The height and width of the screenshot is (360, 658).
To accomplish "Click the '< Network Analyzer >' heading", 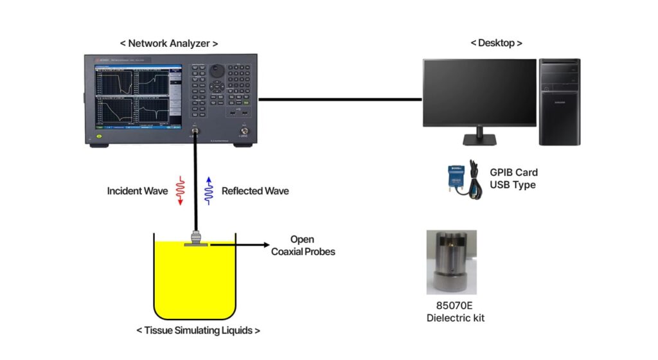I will pos(169,44).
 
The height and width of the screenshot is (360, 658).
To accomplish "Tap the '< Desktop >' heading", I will pos(496,43).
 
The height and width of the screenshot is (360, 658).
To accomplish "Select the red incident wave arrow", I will pos(181,191).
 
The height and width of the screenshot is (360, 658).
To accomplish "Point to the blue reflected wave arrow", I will pos(208,191).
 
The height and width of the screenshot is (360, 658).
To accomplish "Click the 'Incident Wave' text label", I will pos(138,191).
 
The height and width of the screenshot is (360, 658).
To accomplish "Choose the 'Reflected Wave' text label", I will pos(255,191).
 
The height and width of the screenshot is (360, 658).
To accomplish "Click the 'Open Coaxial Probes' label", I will pos(303,246).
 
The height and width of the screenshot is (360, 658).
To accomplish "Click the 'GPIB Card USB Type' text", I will pos(513,178).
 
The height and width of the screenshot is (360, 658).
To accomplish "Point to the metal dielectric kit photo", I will pos(451,262).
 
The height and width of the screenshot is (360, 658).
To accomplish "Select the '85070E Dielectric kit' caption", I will pos(451,312).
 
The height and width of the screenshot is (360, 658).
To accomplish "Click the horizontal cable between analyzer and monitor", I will pos(341,100).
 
